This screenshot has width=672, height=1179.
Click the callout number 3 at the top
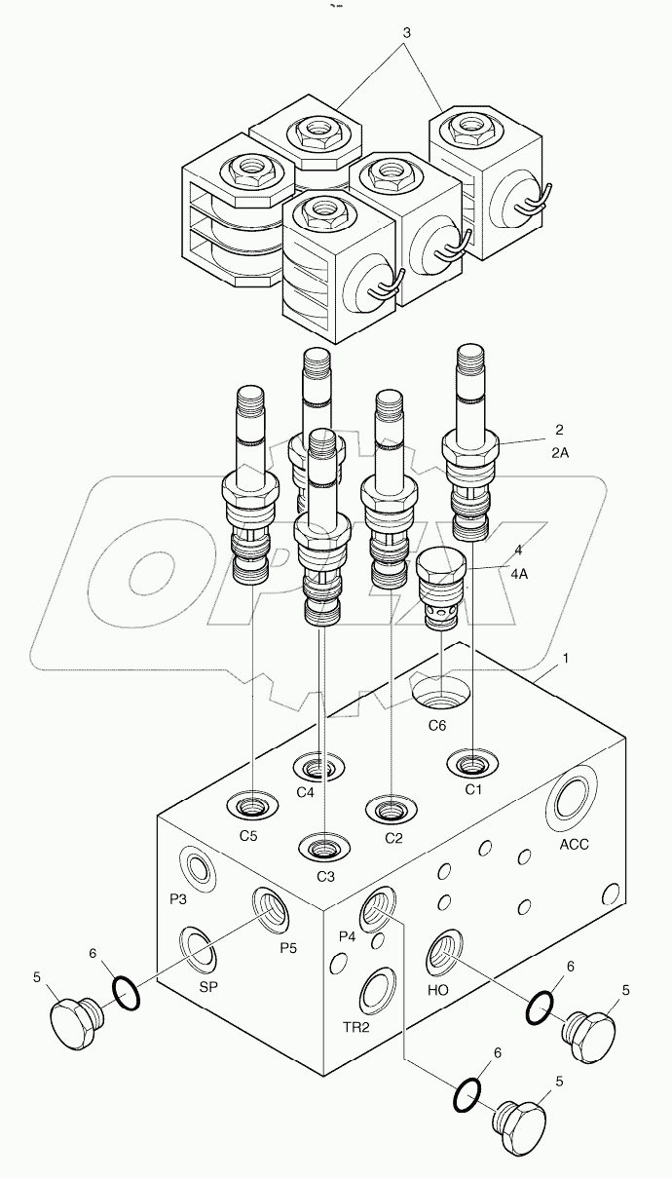(406, 32)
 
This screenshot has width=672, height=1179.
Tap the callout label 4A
(518, 574)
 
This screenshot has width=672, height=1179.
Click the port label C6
(437, 726)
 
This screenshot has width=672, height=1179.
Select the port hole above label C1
(471, 762)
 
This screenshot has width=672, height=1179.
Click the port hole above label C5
(252, 807)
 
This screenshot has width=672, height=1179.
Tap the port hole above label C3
(324, 849)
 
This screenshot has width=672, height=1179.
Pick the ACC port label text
(574, 845)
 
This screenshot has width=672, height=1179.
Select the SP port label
(208, 987)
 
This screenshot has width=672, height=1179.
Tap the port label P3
(177, 899)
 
